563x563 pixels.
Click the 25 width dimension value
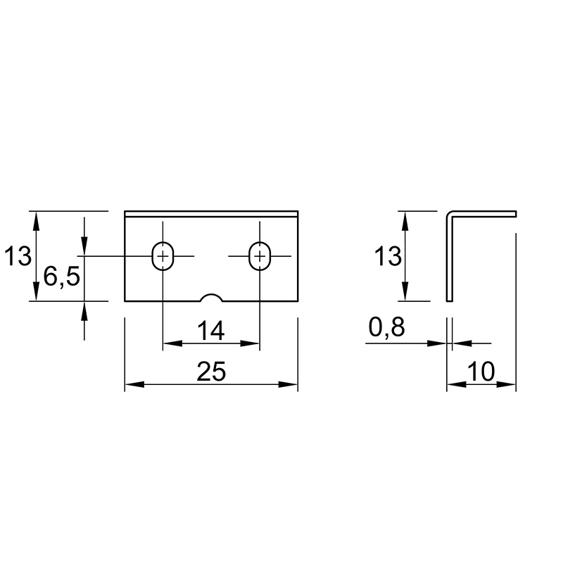click(x=211, y=372)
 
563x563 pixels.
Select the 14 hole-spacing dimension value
click(x=210, y=331)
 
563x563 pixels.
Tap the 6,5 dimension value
click(x=61, y=277)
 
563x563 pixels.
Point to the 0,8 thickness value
click(x=386, y=327)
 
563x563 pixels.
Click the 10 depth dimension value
click(x=481, y=372)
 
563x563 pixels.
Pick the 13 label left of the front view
click(x=18, y=256)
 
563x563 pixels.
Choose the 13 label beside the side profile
click(x=388, y=256)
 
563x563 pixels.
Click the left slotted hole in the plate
click(x=163, y=255)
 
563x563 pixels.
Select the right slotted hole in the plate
click(x=260, y=255)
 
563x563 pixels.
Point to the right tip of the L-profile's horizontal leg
click(x=516, y=214)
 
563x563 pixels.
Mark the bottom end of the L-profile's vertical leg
click(x=450, y=301)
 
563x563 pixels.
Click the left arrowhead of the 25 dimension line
click(x=134, y=384)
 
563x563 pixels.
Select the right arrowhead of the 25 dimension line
click(x=289, y=384)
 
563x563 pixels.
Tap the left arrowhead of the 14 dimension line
click(x=172, y=343)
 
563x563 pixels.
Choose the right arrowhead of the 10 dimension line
click(x=506, y=384)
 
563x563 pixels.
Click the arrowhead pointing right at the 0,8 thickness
click(x=437, y=343)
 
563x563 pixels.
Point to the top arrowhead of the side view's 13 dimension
click(x=405, y=221)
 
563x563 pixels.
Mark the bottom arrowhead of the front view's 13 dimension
click(x=36, y=291)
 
